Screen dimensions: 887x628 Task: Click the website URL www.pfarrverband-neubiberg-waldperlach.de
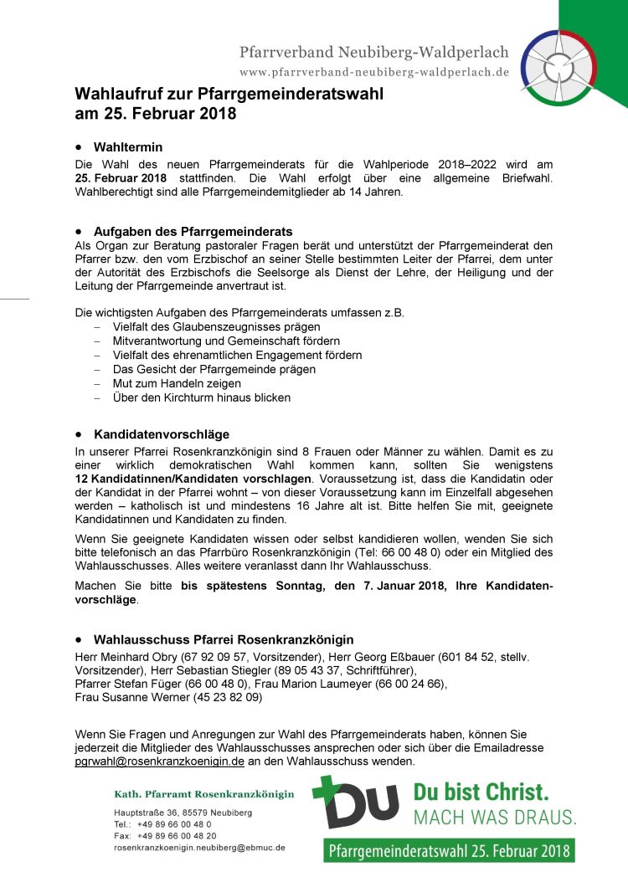(x=374, y=73)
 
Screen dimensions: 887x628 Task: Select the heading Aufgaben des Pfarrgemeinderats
(x=193, y=231)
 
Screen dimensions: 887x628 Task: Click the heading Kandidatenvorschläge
(x=162, y=434)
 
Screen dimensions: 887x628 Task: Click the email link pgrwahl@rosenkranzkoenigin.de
(x=160, y=761)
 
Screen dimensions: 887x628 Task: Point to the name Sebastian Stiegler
(x=220, y=669)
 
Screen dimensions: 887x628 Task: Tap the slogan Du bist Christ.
(x=481, y=792)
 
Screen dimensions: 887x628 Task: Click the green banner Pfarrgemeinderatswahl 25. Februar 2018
(x=449, y=851)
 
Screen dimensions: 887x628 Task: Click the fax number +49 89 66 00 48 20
(x=177, y=836)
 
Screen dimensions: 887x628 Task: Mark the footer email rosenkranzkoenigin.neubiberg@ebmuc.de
(x=199, y=848)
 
